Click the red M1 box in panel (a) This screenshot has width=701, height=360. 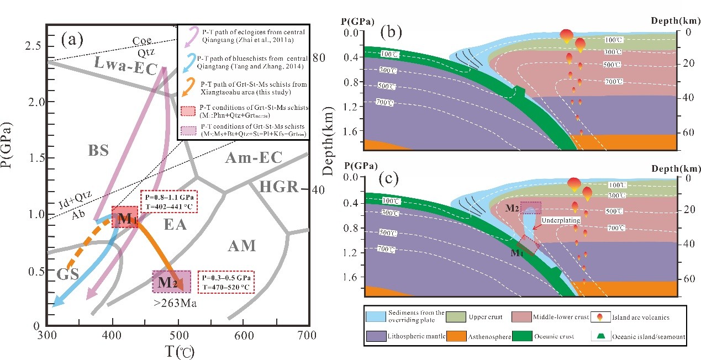coord(125,218)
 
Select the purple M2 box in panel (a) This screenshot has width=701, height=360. coord(171,282)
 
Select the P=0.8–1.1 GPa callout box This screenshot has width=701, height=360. coord(169,202)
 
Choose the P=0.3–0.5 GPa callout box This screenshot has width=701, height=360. coord(226,282)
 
